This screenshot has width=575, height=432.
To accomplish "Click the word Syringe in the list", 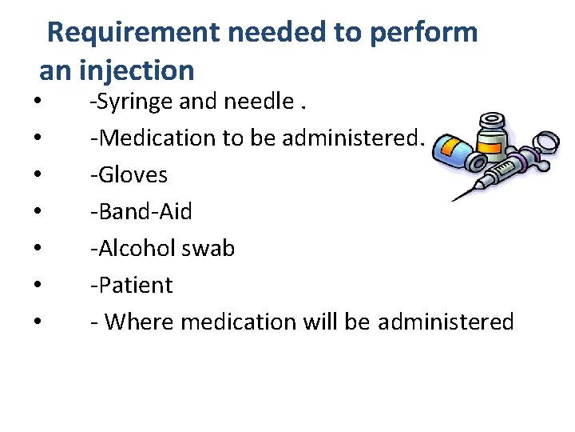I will tap(132, 102).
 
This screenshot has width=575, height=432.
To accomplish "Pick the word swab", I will tap(211, 249).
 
